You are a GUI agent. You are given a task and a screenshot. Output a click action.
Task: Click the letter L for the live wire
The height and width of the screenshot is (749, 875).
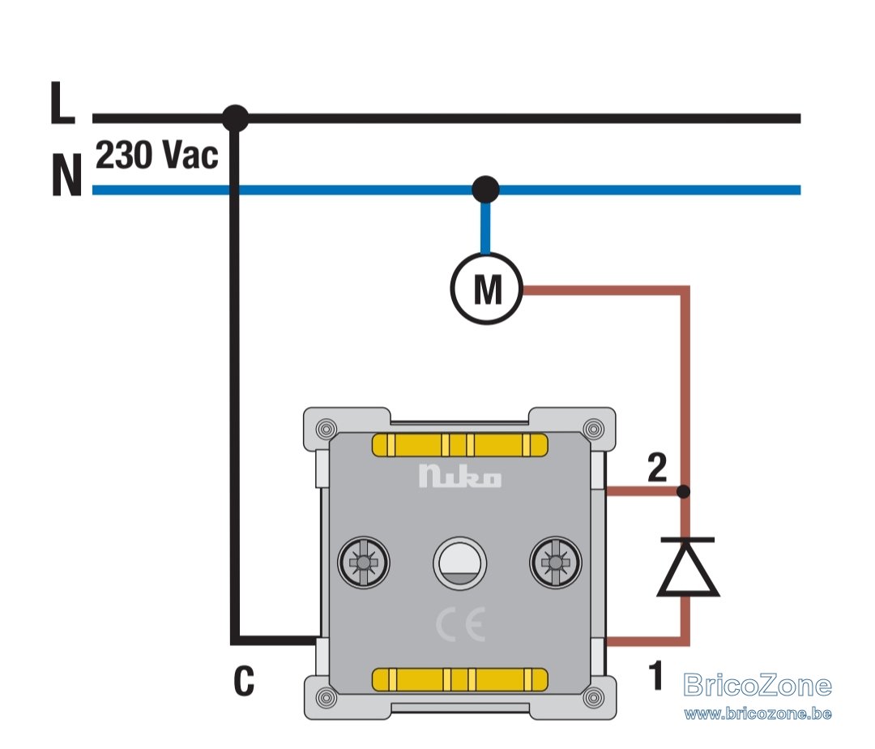(x=62, y=103)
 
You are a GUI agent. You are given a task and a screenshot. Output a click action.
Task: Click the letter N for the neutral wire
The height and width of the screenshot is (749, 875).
(x=67, y=175)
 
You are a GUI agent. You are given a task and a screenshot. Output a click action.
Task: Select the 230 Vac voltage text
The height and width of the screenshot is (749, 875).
(x=157, y=155)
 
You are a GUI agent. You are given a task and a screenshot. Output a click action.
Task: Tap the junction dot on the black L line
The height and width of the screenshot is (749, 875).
(x=235, y=118)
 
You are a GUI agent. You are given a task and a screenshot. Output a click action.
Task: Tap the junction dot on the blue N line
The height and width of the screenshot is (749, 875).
(x=485, y=190)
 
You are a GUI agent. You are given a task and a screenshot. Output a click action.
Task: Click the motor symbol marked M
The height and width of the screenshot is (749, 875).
(x=487, y=289)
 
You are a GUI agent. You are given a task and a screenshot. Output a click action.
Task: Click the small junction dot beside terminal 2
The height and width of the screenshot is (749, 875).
(x=683, y=492)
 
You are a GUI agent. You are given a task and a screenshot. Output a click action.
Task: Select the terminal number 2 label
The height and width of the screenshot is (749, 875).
(x=657, y=468)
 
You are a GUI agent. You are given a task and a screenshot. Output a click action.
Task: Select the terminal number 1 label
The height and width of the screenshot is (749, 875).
(x=656, y=674)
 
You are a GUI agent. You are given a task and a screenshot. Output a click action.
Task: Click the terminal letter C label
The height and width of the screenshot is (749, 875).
(x=244, y=681)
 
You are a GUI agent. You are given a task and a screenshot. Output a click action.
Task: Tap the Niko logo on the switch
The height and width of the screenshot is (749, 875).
(x=460, y=476)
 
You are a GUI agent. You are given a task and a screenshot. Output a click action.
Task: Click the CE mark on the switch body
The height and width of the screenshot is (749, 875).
(x=460, y=624)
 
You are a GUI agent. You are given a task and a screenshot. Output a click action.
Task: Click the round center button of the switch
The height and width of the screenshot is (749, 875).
(x=460, y=563)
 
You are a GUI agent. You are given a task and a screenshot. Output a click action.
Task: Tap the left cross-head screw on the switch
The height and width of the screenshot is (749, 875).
(x=364, y=563)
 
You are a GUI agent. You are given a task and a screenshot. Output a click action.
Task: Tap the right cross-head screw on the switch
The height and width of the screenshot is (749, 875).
(x=556, y=563)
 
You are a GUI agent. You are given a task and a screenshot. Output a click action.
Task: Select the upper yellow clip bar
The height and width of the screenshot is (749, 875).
(x=460, y=445)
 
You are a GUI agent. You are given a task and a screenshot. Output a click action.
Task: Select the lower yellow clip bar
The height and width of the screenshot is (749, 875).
(x=460, y=679)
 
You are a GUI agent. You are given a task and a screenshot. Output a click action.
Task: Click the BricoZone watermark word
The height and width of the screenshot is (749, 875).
(x=758, y=686)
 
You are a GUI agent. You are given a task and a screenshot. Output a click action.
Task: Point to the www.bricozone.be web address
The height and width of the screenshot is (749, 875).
(x=758, y=713)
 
